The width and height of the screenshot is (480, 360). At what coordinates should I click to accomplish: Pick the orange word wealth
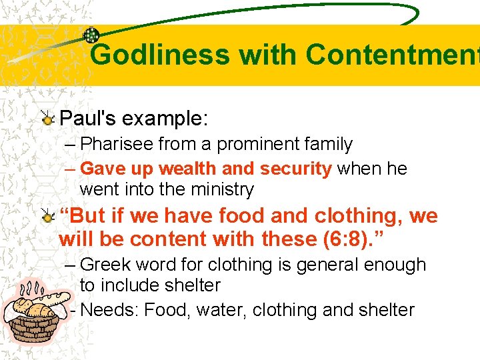[x=183, y=169]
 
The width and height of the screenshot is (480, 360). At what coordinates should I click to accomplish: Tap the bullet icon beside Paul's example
[x=47, y=119]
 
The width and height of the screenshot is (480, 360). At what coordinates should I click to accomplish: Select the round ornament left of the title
[x=91, y=36]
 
